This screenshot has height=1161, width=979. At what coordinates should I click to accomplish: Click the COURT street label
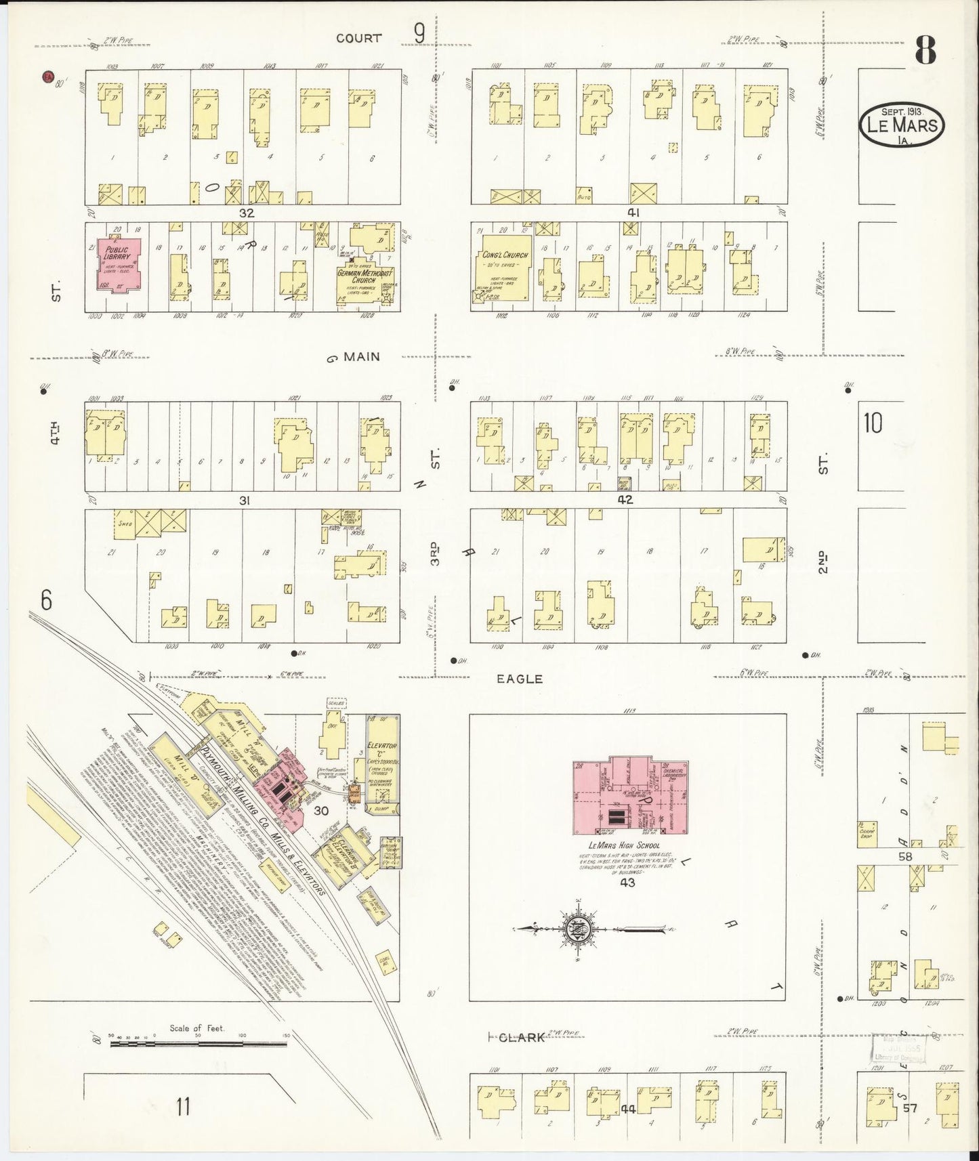tap(358, 39)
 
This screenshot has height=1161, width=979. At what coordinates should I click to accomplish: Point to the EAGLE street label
tap(520, 678)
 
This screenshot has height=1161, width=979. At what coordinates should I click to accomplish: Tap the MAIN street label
tap(361, 357)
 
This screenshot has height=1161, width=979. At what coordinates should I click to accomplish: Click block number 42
tap(625, 501)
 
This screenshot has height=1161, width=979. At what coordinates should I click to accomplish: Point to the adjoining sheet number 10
tap(873, 423)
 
